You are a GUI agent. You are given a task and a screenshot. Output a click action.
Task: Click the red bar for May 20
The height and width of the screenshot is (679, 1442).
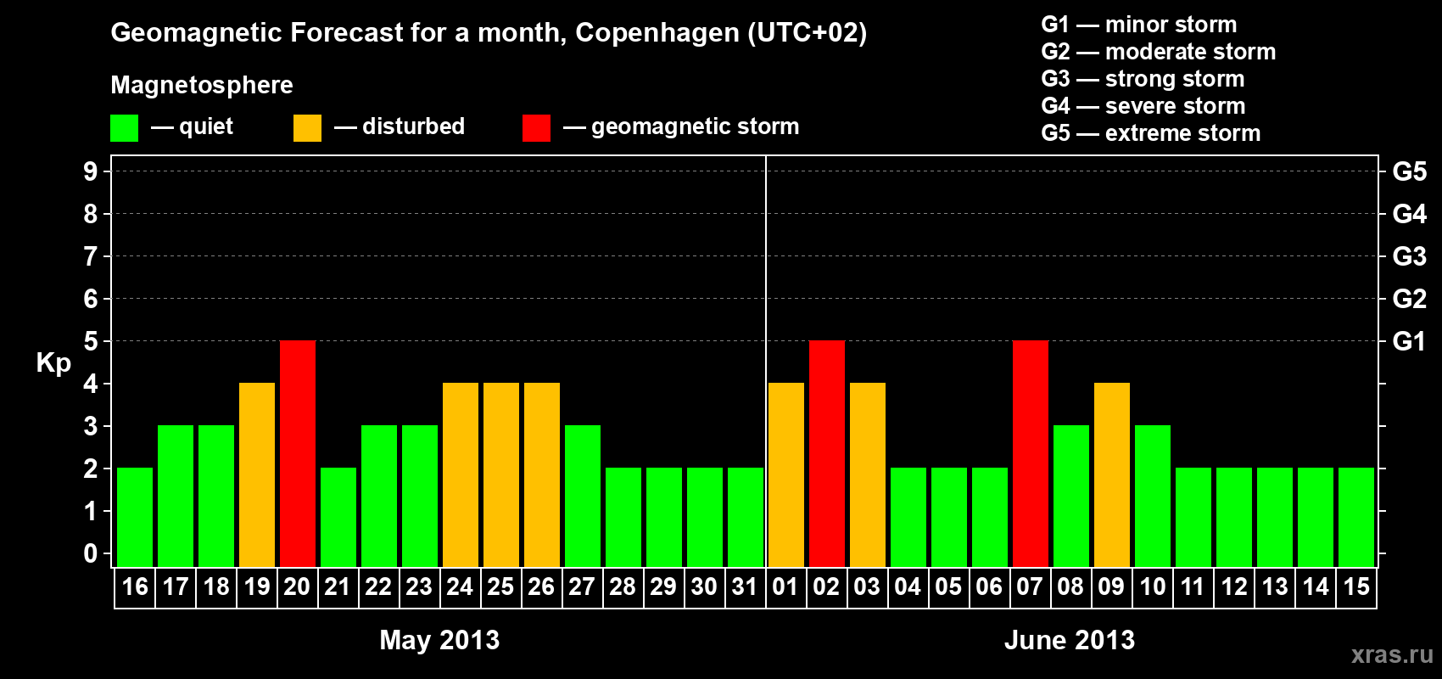298,453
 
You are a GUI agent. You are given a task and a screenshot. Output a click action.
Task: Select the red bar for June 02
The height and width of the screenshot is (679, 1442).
827,453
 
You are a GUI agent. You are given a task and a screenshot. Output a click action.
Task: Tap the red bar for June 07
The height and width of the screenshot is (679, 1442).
1031,453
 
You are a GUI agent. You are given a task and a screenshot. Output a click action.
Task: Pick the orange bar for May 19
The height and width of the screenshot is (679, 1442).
257,474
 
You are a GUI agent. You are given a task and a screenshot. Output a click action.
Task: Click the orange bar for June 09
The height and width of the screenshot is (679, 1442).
1112,474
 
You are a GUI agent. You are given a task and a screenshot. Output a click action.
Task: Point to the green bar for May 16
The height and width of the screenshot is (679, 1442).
135,517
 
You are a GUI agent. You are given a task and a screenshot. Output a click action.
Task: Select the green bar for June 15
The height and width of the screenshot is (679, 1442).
1356,517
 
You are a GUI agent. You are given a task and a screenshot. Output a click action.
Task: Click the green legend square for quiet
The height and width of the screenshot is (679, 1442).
125,128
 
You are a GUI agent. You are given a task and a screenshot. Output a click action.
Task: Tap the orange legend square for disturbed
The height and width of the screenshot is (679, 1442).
307,128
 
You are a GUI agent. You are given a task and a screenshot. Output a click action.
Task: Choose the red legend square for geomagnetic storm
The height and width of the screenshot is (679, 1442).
536,128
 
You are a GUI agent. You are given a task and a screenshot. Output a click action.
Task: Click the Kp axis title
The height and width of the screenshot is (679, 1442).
53,362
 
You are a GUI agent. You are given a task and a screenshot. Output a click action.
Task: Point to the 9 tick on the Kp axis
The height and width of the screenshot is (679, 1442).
91,171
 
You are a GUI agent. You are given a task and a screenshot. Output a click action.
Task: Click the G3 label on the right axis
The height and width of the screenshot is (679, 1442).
1409,256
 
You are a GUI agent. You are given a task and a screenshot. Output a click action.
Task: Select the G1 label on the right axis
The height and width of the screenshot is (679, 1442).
1409,341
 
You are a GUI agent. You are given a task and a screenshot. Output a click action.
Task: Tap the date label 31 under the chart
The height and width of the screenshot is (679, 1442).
745,586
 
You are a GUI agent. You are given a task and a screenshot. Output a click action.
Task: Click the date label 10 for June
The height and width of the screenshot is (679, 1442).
1152,586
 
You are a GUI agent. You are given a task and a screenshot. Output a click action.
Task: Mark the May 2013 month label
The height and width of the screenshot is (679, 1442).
439,640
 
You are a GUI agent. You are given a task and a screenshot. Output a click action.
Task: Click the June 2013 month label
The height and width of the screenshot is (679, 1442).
1069,640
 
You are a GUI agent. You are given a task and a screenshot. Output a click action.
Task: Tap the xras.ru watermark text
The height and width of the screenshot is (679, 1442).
1392,654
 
